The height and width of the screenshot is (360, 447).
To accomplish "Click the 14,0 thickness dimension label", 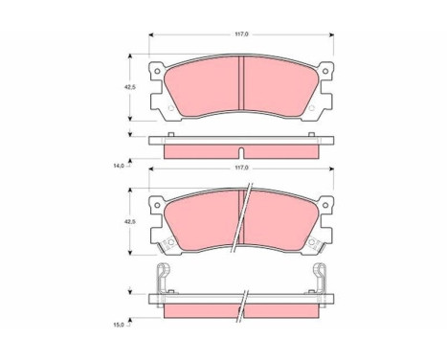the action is (119, 166).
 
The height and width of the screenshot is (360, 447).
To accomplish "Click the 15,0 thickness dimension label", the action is (119, 325).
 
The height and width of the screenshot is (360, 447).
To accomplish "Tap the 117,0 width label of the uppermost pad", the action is (241, 34).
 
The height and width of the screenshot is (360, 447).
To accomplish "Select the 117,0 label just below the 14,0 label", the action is (241, 169).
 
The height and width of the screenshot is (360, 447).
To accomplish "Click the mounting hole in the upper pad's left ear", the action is (157, 71).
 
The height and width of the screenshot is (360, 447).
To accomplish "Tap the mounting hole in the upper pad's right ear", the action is (325, 71).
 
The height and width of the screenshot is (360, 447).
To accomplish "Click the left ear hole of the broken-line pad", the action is (157, 205).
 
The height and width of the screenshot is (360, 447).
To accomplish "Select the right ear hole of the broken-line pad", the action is (325, 205).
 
